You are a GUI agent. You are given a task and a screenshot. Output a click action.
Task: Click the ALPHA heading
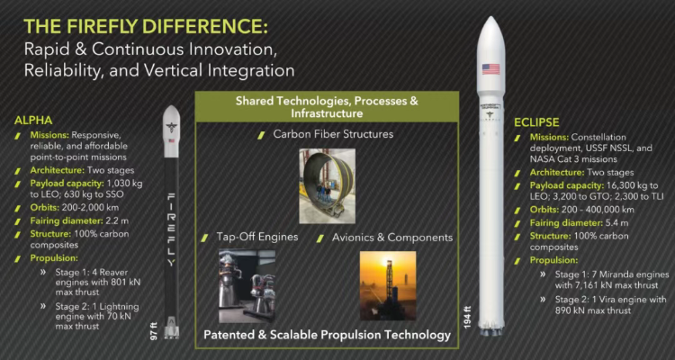[33, 121]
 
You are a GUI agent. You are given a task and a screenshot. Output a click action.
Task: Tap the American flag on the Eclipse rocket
[490, 69]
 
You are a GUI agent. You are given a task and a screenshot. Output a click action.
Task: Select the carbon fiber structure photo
[328, 186]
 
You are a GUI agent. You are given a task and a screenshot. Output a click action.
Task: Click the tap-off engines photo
[247, 286]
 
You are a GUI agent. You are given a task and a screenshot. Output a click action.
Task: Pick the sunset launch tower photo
[388, 286]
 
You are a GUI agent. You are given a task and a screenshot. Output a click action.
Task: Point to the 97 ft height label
[154, 330]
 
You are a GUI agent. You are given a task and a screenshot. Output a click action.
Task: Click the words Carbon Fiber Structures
[333, 134]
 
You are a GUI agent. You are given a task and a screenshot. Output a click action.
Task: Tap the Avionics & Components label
[392, 238]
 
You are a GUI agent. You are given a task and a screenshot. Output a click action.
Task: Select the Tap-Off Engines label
[257, 238]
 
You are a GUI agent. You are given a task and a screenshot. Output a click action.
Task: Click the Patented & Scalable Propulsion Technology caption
[328, 335]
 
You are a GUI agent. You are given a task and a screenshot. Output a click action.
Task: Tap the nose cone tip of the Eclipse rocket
[491, 17]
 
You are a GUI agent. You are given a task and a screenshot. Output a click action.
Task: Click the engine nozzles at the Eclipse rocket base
[491, 330]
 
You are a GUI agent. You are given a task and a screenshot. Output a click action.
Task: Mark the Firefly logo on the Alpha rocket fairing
[171, 127]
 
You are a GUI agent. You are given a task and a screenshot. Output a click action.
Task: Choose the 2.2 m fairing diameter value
[117, 221]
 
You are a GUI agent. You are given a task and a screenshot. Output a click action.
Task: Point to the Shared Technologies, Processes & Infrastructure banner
[328, 107]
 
